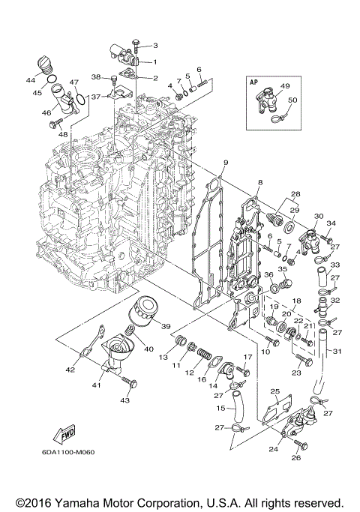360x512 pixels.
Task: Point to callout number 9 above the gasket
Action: click(x=225, y=163)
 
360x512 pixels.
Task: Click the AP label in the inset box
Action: click(x=256, y=85)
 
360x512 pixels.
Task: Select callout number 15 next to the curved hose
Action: click(x=220, y=408)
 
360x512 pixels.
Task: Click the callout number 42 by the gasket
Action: click(x=70, y=369)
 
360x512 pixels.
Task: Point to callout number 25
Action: click(x=274, y=391)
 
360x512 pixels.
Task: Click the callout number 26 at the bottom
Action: click(x=295, y=457)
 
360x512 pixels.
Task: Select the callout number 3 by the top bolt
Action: click(x=156, y=46)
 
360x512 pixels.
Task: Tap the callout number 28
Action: click(x=295, y=193)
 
